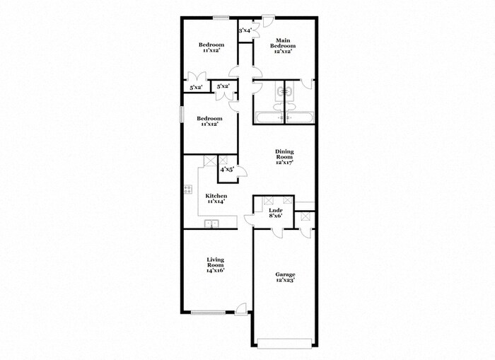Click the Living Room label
click(215, 262)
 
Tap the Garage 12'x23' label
click(286, 277)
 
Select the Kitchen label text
click(216, 196)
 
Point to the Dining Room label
click(284, 154)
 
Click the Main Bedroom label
click(283, 43)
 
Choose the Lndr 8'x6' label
click(276, 213)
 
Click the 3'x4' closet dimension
click(245, 30)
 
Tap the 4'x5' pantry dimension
click(227, 169)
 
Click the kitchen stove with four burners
click(188, 190)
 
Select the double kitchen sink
click(211, 223)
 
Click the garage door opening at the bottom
click(284, 344)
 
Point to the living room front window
click(208, 313)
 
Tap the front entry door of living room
click(240, 308)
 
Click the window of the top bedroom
click(221, 18)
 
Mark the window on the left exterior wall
click(182, 114)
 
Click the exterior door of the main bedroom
click(267, 21)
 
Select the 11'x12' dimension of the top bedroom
click(211, 50)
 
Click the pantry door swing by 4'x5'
click(242, 171)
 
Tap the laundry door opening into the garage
click(278, 233)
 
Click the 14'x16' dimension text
click(215, 271)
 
